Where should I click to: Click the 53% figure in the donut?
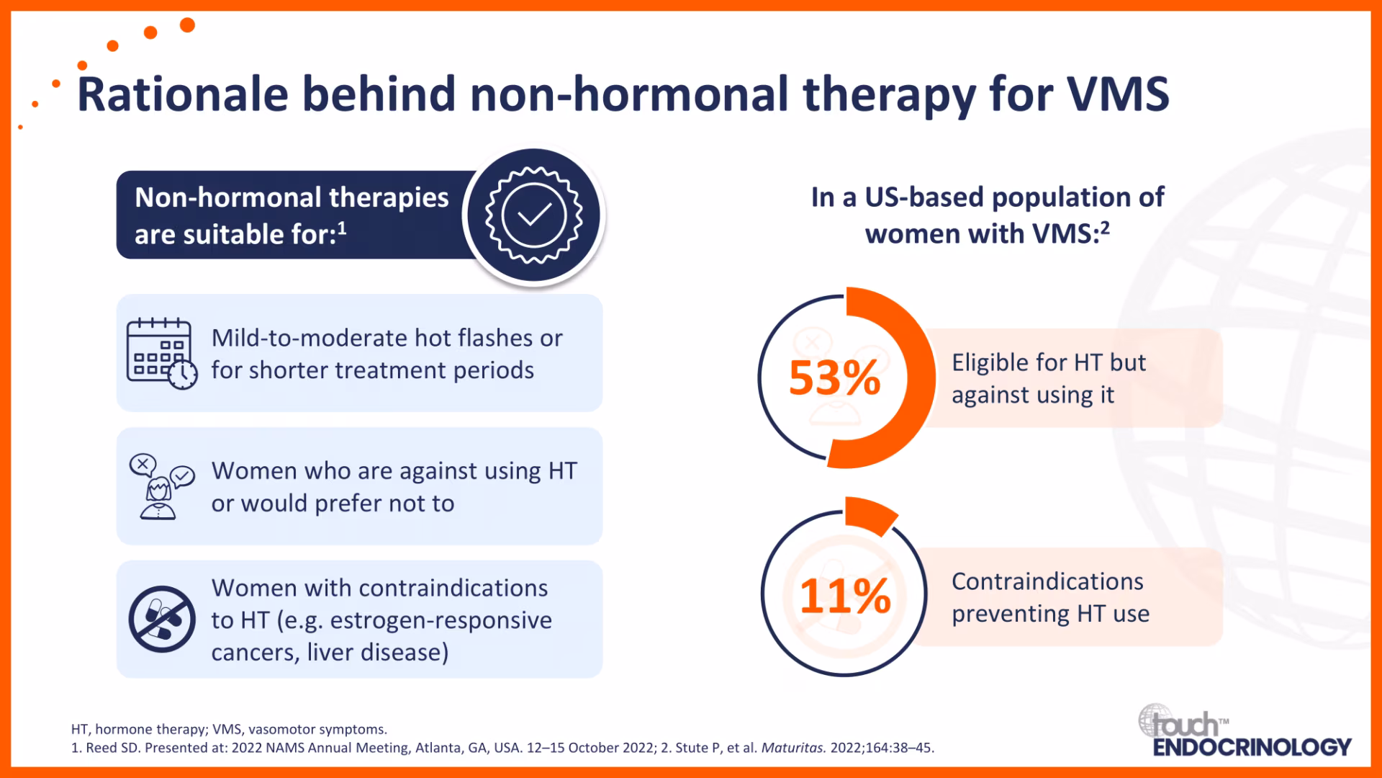tap(835, 377)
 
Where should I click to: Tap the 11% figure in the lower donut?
tap(845, 596)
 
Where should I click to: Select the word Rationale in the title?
tap(183, 94)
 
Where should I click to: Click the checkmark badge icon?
tap(533, 215)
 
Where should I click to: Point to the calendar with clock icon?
tap(161, 354)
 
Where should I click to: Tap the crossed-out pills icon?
tap(162, 619)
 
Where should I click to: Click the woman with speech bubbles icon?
tap(161, 486)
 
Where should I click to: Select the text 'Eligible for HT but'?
tap(1049, 362)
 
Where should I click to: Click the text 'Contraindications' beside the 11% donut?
tap(1047, 581)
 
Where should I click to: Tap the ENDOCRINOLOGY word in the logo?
tap(1252, 747)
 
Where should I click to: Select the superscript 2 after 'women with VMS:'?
tap(1105, 228)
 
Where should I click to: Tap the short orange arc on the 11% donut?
tap(870, 514)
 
